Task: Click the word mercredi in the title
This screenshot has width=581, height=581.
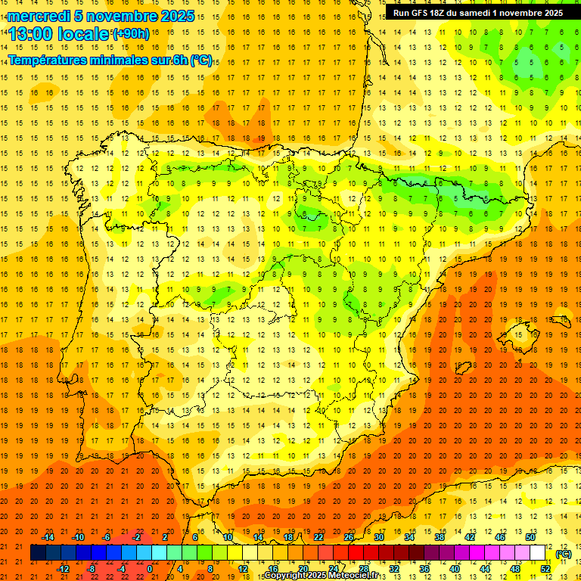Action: [x=39, y=16]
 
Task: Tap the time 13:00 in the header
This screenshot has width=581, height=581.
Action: [x=31, y=33]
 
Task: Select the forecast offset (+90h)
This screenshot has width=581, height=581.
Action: [x=131, y=34]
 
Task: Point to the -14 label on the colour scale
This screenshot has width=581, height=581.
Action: [x=48, y=537]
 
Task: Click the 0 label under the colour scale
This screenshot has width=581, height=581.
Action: [x=150, y=569]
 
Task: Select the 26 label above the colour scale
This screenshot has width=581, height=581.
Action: [x=349, y=537]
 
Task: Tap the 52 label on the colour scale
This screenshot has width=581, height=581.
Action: [x=545, y=569]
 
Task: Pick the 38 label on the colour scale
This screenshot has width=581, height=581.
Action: [x=440, y=537]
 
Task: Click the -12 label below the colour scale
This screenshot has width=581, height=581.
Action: [x=63, y=569]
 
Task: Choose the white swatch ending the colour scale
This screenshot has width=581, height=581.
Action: [x=538, y=553]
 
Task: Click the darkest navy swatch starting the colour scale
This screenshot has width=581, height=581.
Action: [x=38, y=553]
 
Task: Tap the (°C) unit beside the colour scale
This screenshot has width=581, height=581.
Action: [x=564, y=554]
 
